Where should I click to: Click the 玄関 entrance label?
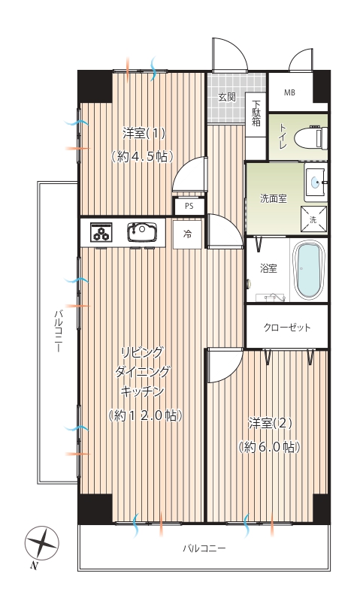227,96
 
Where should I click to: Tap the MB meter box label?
289,92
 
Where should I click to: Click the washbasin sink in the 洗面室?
316,182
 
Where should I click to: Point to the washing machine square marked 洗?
313,219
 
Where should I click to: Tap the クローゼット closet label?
287,328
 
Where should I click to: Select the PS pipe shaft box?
189,206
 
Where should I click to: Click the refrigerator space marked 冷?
187,234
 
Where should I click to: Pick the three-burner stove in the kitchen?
101,232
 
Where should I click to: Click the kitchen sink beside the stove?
142,231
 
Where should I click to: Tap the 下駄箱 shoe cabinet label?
256,113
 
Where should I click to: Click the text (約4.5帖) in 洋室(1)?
142,156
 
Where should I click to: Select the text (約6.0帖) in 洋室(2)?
270,447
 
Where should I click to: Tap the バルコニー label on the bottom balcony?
204,548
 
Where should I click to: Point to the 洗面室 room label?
274,198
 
